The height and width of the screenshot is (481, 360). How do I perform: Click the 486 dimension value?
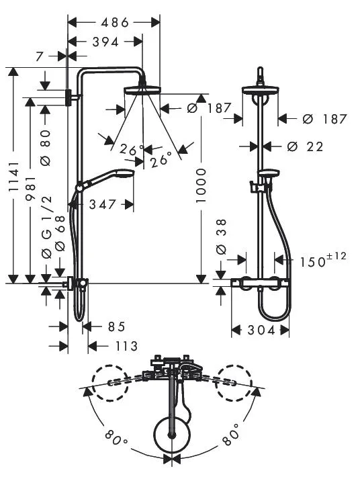tap(115, 22)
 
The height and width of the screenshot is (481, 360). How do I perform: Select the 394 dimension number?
tap(105, 42)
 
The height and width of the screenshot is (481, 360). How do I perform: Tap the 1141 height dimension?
tap(14, 177)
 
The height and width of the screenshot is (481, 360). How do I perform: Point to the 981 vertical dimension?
tap(31, 188)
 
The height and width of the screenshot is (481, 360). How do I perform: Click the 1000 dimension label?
tap(201, 185)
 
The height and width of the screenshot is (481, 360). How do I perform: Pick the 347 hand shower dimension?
tap(103, 205)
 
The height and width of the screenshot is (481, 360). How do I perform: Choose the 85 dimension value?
tap(116, 326)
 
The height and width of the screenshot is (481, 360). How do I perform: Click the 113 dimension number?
tap(126, 347)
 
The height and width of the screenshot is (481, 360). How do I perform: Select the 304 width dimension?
tap(261, 331)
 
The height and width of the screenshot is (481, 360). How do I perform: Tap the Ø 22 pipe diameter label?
tap(306, 146)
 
